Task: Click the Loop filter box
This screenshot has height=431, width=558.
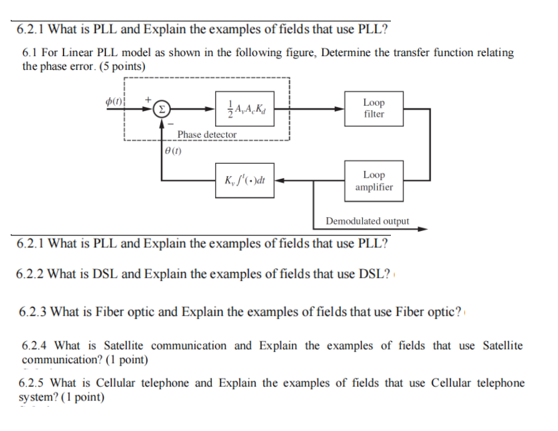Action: coord(373,108)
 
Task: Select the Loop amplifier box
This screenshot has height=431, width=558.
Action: coord(373,181)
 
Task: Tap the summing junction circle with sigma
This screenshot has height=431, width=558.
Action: coord(160,108)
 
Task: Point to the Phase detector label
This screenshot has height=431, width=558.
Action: coord(206,135)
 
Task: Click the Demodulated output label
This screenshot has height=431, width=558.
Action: coord(367,221)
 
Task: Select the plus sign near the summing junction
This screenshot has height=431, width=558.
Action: coord(148,98)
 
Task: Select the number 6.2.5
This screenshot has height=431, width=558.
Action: coord(34,383)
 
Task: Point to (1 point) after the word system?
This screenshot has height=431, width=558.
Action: coord(82,397)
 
